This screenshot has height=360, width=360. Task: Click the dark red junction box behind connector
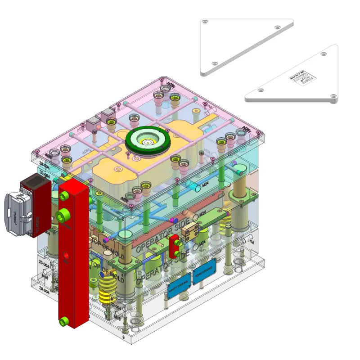click(35, 205)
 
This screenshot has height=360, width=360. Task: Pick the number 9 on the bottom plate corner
click(123, 336)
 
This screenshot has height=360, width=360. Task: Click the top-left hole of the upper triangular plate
click(205, 22)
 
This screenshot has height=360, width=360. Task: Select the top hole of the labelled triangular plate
click(324, 54)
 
